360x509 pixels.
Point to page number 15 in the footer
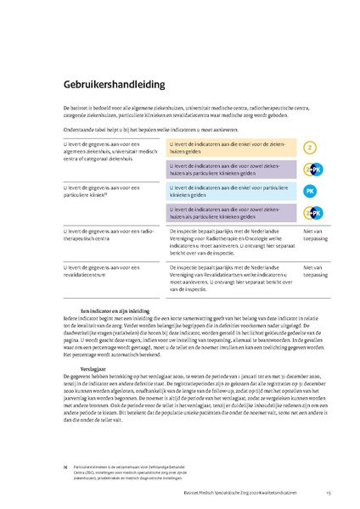pyautogui.click(x=338, y=492)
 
